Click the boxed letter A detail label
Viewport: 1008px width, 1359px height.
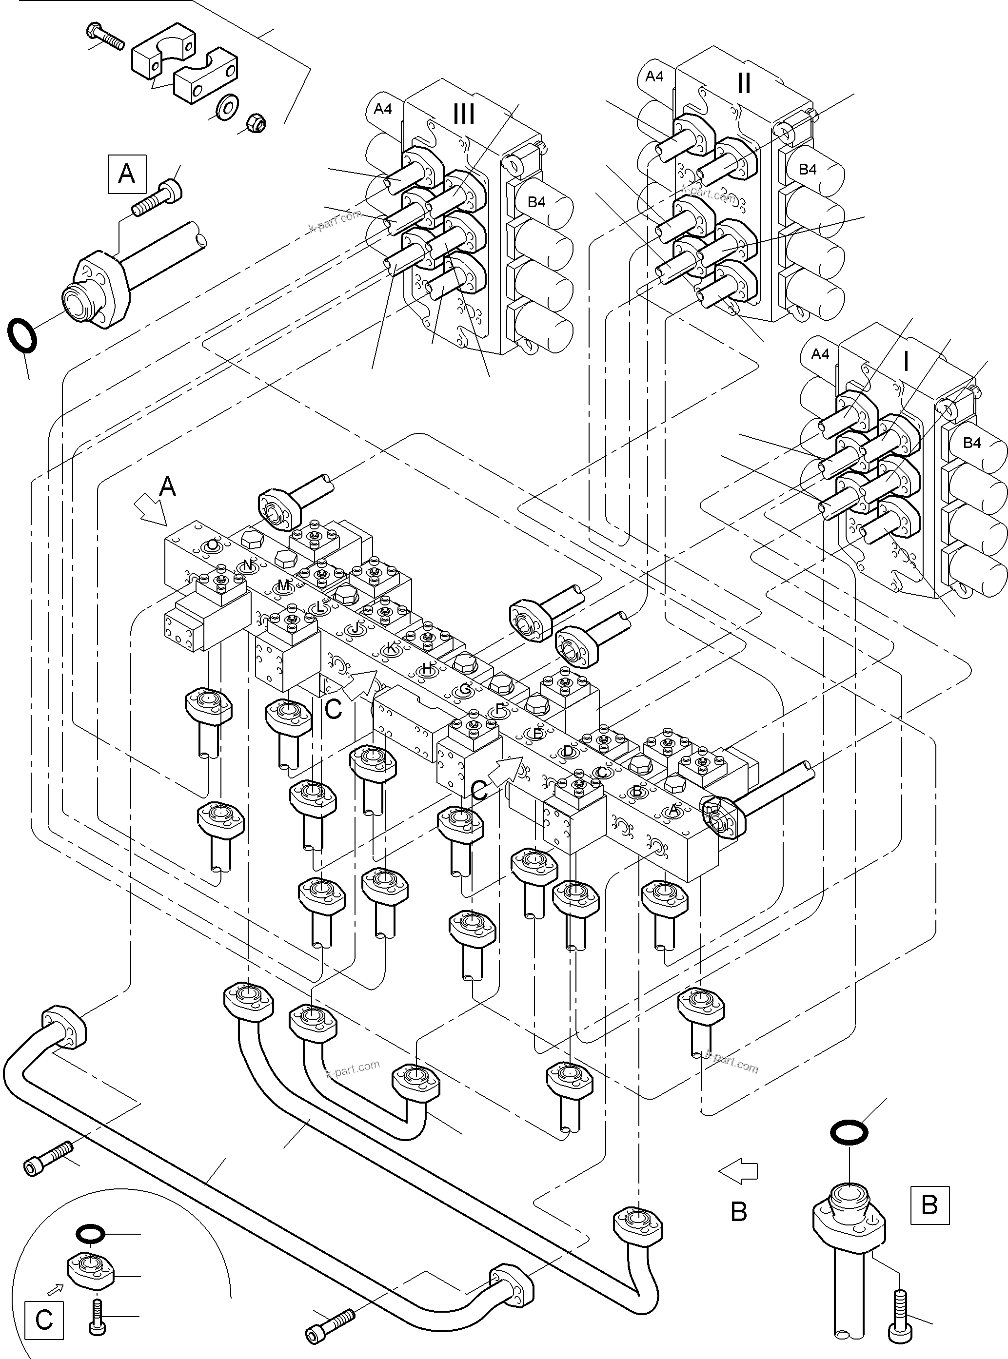pos(127,174)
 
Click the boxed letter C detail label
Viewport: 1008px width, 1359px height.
pos(43,1320)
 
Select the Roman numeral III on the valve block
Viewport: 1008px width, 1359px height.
pos(464,114)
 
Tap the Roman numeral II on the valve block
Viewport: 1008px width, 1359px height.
pos(743,83)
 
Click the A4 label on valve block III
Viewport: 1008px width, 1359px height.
pos(383,109)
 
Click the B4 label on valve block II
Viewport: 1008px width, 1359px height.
pos(807,170)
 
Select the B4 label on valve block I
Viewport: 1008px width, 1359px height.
pos(971,443)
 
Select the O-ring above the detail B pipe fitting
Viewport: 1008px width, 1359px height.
pos(849,1133)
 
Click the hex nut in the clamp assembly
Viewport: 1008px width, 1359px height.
pos(255,124)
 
